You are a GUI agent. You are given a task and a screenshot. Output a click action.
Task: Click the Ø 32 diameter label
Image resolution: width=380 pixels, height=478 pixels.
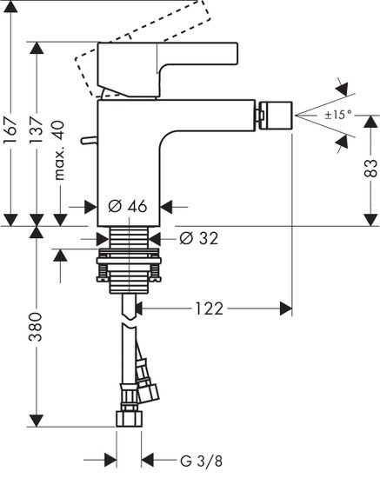(197, 236)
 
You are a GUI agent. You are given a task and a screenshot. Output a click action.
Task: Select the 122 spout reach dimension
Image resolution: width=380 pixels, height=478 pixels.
(209, 308)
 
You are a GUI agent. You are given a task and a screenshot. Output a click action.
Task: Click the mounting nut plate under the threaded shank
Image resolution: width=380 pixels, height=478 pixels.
(130, 258)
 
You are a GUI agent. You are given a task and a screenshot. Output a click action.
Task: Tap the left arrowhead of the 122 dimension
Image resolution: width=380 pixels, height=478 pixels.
(140, 308)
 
